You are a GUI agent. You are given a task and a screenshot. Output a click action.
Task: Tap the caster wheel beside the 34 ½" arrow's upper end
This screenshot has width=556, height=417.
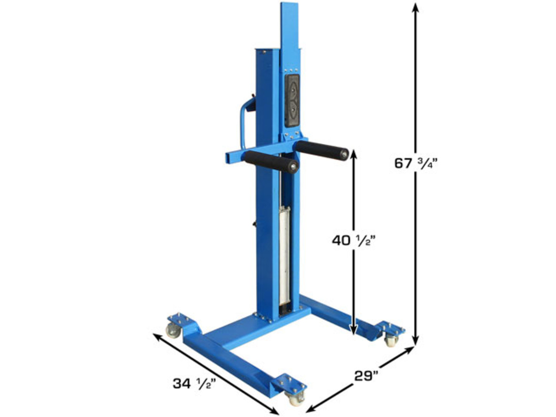[172, 330]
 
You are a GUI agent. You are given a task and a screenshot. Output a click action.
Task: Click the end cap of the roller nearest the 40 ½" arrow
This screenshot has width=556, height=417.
[343, 154]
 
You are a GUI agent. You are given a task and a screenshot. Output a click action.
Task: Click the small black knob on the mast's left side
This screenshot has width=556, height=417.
[254, 224]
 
